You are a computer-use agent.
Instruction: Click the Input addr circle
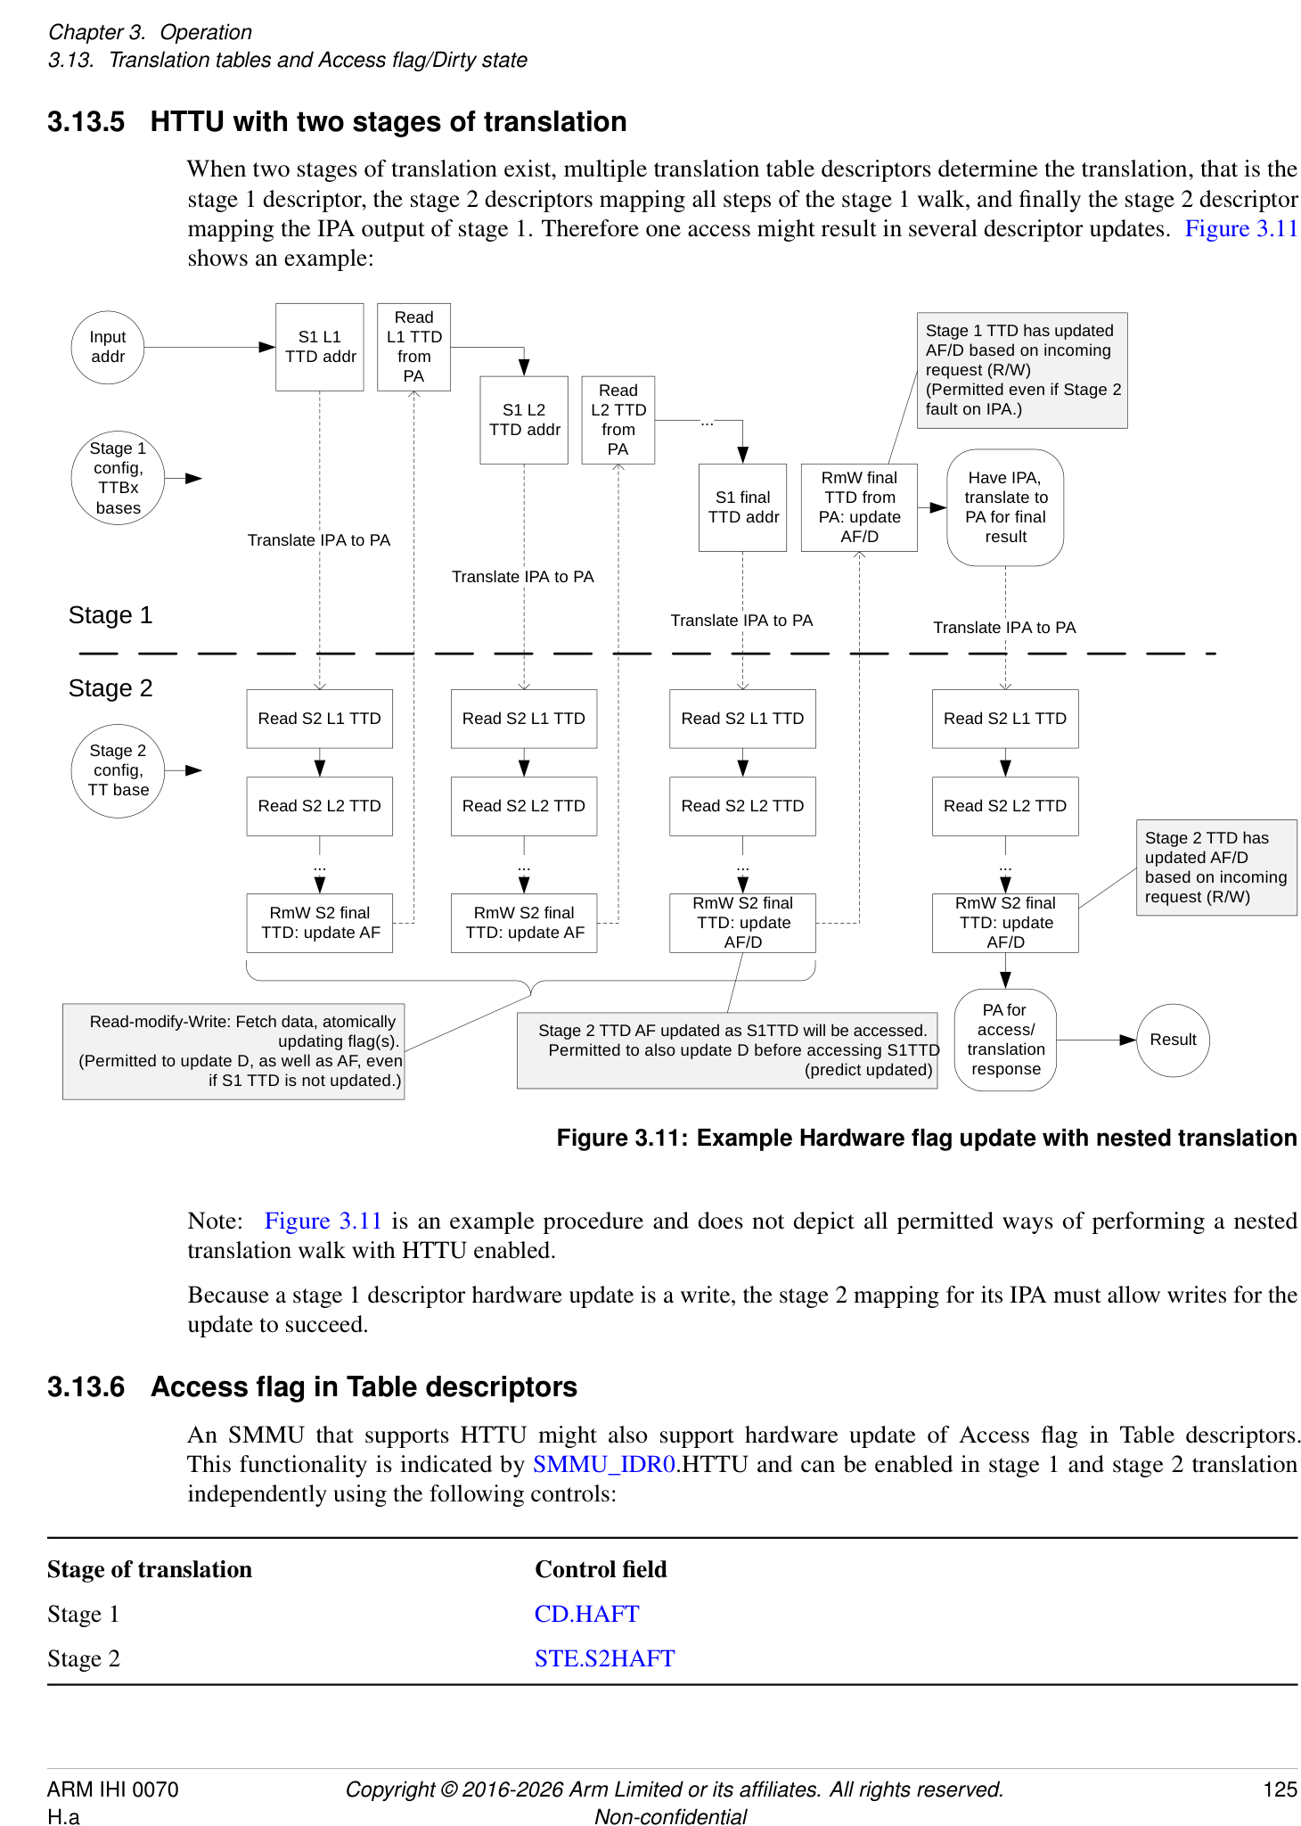click(x=107, y=347)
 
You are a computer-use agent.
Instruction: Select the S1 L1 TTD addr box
click(x=319, y=347)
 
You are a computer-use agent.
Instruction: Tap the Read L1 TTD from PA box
click(x=413, y=347)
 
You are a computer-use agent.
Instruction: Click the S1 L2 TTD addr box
click(x=524, y=420)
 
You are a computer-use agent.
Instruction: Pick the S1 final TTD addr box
click(x=742, y=507)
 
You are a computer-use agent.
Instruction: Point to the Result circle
click(x=1173, y=1040)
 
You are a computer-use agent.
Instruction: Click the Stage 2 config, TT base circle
click(x=118, y=770)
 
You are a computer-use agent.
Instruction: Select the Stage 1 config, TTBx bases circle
click(x=118, y=478)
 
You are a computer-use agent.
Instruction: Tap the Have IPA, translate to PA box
click(x=1005, y=507)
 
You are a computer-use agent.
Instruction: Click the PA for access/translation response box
click(x=1005, y=1040)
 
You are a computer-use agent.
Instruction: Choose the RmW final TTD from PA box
click(x=859, y=507)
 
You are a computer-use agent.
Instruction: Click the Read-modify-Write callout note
click(x=233, y=1051)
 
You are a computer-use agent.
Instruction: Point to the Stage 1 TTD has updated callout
click(x=1022, y=370)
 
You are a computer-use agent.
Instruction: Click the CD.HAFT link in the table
click(x=586, y=1614)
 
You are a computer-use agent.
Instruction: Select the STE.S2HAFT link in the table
click(x=604, y=1658)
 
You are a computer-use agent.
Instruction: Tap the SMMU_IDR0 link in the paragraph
click(x=603, y=1464)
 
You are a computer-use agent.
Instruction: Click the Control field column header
click(x=601, y=1569)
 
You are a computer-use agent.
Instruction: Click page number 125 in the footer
click(x=1280, y=1789)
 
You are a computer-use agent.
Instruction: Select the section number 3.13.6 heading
click(x=86, y=1387)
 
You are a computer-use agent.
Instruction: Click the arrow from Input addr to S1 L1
click(x=209, y=347)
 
